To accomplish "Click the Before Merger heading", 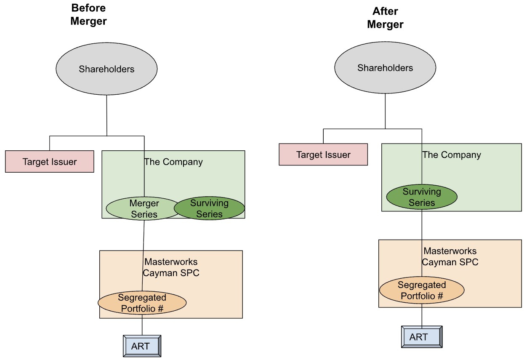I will (x=88, y=15).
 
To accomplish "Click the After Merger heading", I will (x=385, y=18).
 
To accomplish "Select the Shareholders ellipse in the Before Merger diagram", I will (x=106, y=69).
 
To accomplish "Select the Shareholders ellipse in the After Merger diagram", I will (x=385, y=68).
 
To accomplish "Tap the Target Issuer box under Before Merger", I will (x=50, y=162).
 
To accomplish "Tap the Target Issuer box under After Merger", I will (x=323, y=155).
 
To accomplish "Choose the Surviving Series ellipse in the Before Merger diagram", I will (x=209, y=208).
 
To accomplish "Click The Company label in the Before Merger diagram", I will (x=173, y=162).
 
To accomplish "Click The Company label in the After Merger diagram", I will (x=452, y=155).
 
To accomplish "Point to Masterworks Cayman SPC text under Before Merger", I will (x=171, y=267).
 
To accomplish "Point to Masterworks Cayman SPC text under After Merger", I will (x=450, y=256).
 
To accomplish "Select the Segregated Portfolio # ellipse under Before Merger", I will (x=142, y=303).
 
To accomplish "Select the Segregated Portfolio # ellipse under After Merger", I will (x=422, y=290).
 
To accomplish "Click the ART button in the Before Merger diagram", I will (x=142, y=346).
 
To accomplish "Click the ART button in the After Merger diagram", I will (x=422, y=336).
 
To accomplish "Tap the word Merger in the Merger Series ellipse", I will (x=144, y=203).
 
